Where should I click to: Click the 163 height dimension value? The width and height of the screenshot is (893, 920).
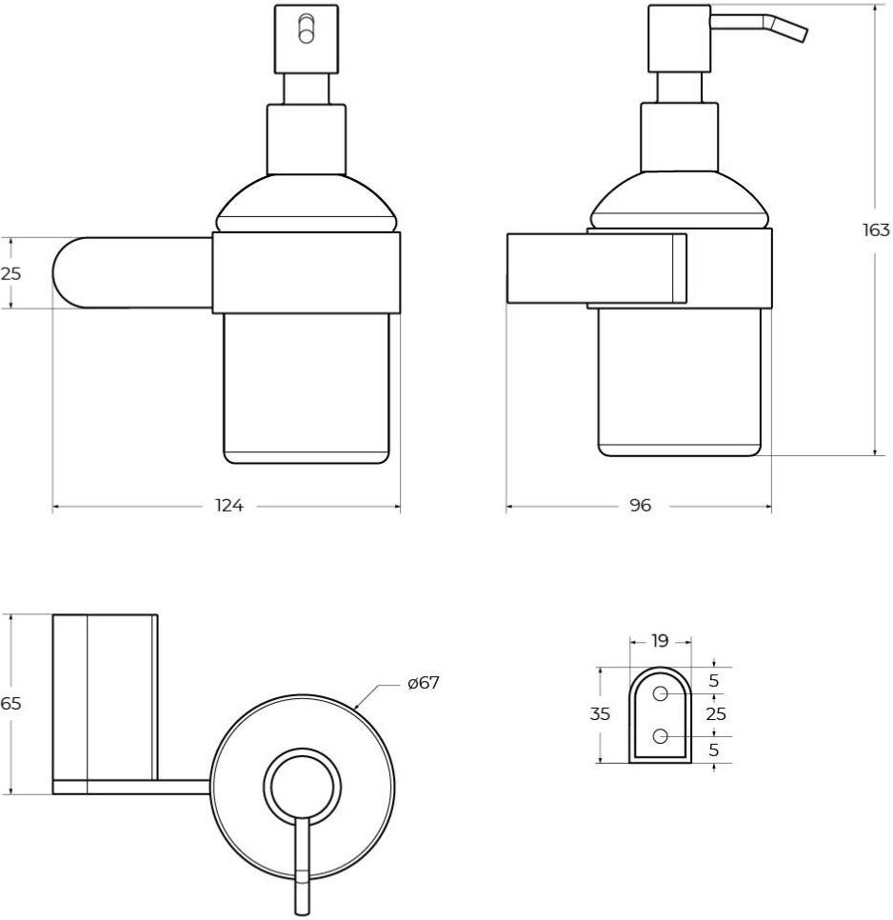pyautogui.click(x=876, y=230)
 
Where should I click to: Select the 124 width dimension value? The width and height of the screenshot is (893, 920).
pyautogui.click(x=228, y=505)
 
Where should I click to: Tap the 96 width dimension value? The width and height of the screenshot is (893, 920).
pyautogui.click(x=640, y=505)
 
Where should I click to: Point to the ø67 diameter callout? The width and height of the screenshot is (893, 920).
pyautogui.click(x=424, y=683)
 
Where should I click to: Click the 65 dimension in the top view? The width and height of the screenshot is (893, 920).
pyautogui.click(x=10, y=703)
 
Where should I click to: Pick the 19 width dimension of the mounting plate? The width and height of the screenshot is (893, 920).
pyautogui.click(x=660, y=641)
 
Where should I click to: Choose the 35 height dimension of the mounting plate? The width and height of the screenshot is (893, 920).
pyautogui.click(x=600, y=714)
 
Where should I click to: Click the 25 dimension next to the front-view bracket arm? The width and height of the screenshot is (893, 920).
pyautogui.click(x=10, y=273)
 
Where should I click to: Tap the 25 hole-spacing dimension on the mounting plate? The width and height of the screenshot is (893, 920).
pyautogui.click(x=716, y=714)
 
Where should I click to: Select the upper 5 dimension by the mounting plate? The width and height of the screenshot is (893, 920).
pyautogui.click(x=714, y=681)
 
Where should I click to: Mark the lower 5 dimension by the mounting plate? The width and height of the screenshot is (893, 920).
pyautogui.click(x=714, y=750)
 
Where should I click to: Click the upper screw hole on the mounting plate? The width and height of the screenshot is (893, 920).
pyautogui.click(x=660, y=693)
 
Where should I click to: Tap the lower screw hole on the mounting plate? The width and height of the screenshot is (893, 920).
pyautogui.click(x=660, y=736)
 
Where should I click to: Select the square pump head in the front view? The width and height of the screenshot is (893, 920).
pyautogui.click(x=307, y=39)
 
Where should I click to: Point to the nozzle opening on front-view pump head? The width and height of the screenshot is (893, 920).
pyautogui.click(x=306, y=29)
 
